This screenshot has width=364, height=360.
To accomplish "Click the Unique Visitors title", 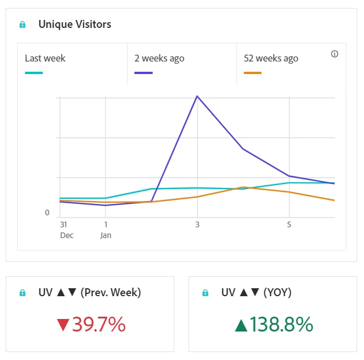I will [75, 24].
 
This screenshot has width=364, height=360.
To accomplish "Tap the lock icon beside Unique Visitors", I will [23, 24].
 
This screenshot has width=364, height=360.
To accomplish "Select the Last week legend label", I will [45, 58].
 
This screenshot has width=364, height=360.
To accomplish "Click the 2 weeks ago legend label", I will [159, 58].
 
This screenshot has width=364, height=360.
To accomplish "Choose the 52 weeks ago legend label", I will [271, 58].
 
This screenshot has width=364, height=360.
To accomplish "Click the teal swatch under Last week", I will [34, 73].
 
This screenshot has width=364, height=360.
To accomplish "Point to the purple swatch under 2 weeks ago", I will [143, 73].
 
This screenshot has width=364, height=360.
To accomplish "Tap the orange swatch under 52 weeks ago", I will [252, 73].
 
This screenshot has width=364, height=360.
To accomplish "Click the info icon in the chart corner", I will [334, 54].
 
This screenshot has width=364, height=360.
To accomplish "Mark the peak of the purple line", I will [197, 96].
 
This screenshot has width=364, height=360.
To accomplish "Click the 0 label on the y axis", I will [47, 212].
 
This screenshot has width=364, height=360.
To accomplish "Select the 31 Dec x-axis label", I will [67, 230].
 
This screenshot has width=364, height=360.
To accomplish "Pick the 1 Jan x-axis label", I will [105, 230].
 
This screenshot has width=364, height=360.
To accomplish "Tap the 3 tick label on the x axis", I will [197, 224].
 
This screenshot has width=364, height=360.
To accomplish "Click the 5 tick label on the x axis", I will [289, 224].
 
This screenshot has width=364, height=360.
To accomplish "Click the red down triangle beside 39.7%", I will [63, 325].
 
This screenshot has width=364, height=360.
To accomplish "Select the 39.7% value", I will [99, 325].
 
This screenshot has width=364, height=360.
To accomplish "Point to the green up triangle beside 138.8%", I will [242, 325].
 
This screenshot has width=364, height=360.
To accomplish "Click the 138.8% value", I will [282, 325].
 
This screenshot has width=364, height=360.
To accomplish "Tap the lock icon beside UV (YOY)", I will [206, 293].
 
